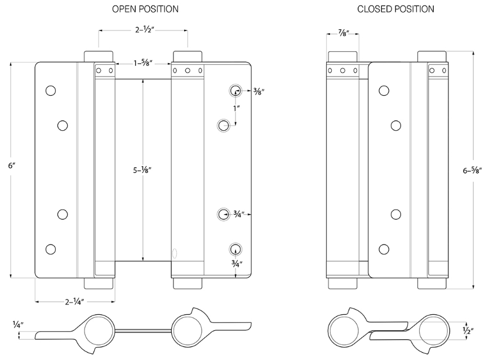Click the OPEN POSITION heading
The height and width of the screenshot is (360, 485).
tap(145, 9)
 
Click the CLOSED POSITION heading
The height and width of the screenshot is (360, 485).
tap(395, 9)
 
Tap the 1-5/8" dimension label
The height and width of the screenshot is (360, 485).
tap(144, 64)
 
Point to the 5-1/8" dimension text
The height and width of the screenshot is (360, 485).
tap(143, 169)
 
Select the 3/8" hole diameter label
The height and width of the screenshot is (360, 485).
tap(244, 91)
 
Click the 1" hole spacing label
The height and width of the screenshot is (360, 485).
tap(236, 107)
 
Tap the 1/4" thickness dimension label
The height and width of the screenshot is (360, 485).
tap(19, 324)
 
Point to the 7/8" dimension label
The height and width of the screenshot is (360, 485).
tap(342, 34)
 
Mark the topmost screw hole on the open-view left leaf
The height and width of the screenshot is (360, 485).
tap(51, 91)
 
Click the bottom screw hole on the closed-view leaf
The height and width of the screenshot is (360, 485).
tap(384, 249)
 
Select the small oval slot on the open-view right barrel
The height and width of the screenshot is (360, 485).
tap(175, 254)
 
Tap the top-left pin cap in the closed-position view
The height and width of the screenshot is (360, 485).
tap(342, 57)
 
